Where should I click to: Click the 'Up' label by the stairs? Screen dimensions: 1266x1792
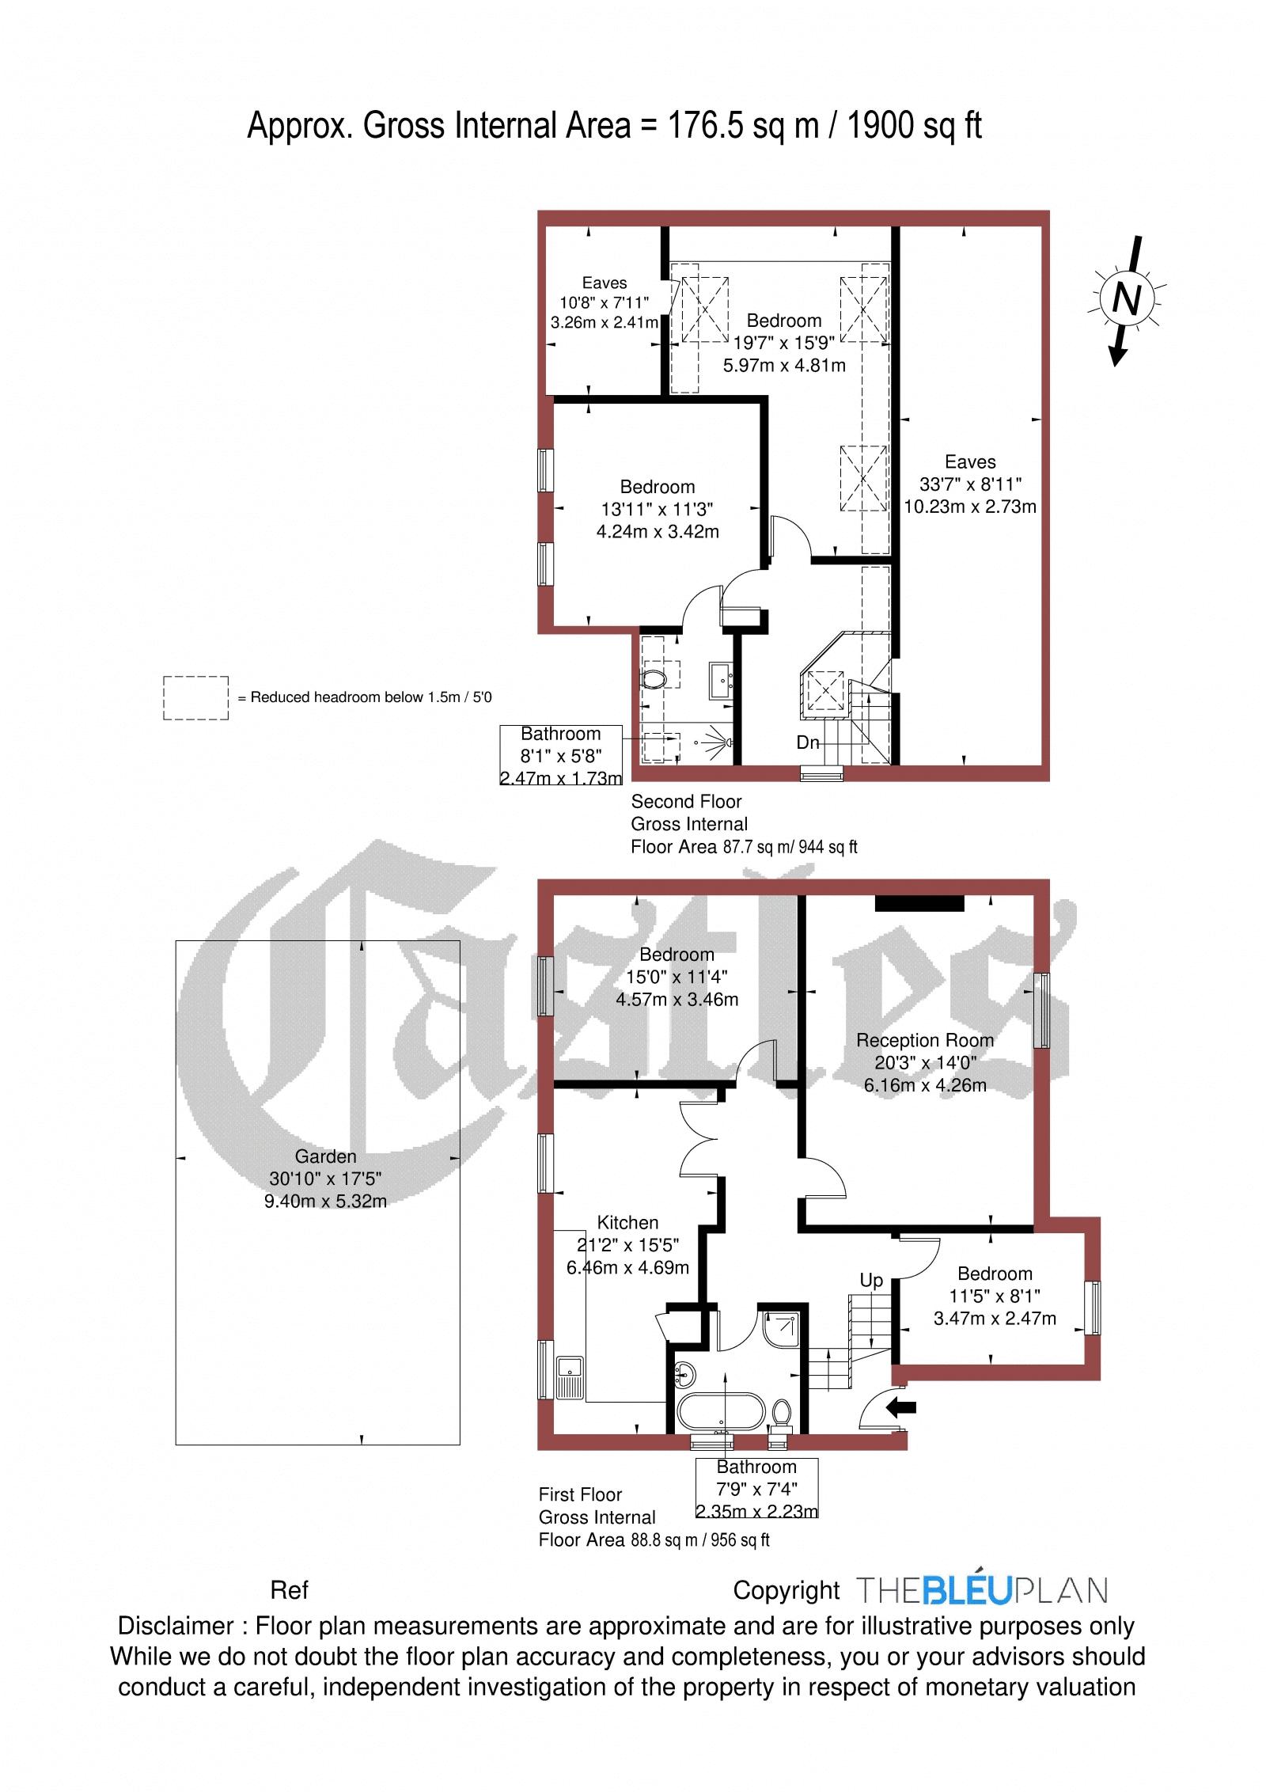click(x=871, y=1281)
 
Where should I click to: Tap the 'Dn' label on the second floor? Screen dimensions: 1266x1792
click(x=807, y=743)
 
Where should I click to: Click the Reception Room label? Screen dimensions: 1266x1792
click(x=925, y=1040)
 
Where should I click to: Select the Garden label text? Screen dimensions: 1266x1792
click(x=325, y=1156)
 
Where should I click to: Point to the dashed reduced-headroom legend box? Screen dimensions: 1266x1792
click(x=195, y=697)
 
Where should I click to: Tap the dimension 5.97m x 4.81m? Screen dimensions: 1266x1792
click(x=784, y=366)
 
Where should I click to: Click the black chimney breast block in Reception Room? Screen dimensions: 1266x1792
click(x=919, y=903)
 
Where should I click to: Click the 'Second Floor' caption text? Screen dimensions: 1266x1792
click(x=686, y=801)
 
